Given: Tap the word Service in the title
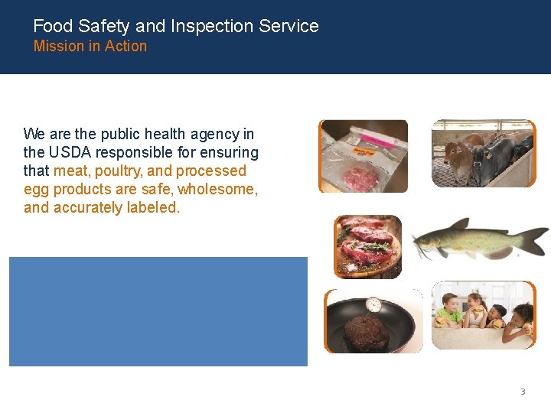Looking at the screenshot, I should [289, 26].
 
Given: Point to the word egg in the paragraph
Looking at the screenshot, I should [35, 189].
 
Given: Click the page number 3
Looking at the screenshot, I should [523, 392].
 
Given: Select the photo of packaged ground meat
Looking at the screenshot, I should [364, 156].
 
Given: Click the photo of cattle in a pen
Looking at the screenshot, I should [482, 154].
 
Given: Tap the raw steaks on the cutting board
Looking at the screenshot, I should [368, 246].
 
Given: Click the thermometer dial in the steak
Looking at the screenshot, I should [373, 304].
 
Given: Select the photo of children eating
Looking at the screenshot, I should [482, 315].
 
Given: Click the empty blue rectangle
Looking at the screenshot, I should [158, 311].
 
